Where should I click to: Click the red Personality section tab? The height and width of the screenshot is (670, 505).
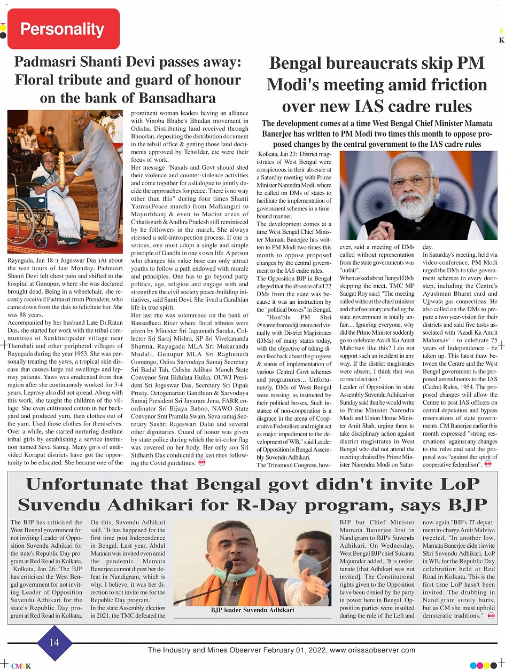click(x=63, y=29)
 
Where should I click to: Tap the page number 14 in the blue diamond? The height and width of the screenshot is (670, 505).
click(x=54, y=642)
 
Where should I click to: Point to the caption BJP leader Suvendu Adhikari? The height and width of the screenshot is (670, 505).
click(x=252, y=610)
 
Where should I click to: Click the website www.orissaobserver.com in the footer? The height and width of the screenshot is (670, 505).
click(x=372, y=650)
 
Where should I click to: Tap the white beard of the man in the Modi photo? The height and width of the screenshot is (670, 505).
click(x=421, y=206)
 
